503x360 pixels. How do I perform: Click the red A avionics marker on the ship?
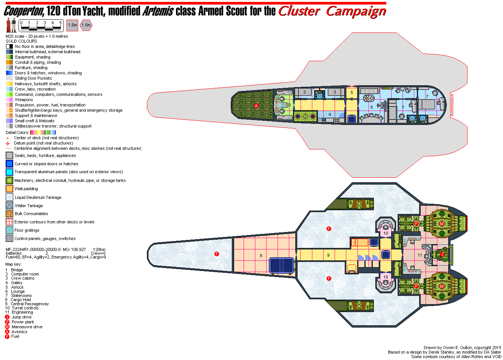(256, 106)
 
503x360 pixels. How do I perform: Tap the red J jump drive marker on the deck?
(442, 254)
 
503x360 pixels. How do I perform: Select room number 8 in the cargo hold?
(261, 255)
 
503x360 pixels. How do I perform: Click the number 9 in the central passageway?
(328, 255)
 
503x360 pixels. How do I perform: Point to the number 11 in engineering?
(420, 255)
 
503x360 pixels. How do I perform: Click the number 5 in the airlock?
(352, 92)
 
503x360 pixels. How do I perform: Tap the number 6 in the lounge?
(372, 107)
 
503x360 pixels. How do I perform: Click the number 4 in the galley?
(330, 114)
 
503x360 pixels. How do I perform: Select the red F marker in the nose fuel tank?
(217, 254)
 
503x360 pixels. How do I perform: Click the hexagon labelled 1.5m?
(86, 25)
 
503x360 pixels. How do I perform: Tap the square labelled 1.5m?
(72, 25)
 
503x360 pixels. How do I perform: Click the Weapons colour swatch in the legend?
(9, 100)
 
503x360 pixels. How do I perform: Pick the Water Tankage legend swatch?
(9, 206)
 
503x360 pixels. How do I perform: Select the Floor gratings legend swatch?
(9, 230)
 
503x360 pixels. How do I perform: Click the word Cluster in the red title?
(299, 11)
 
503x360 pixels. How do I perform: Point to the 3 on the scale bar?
(45, 23)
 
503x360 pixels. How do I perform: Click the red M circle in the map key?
(7, 327)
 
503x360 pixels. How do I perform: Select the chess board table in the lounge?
(366, 98)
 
